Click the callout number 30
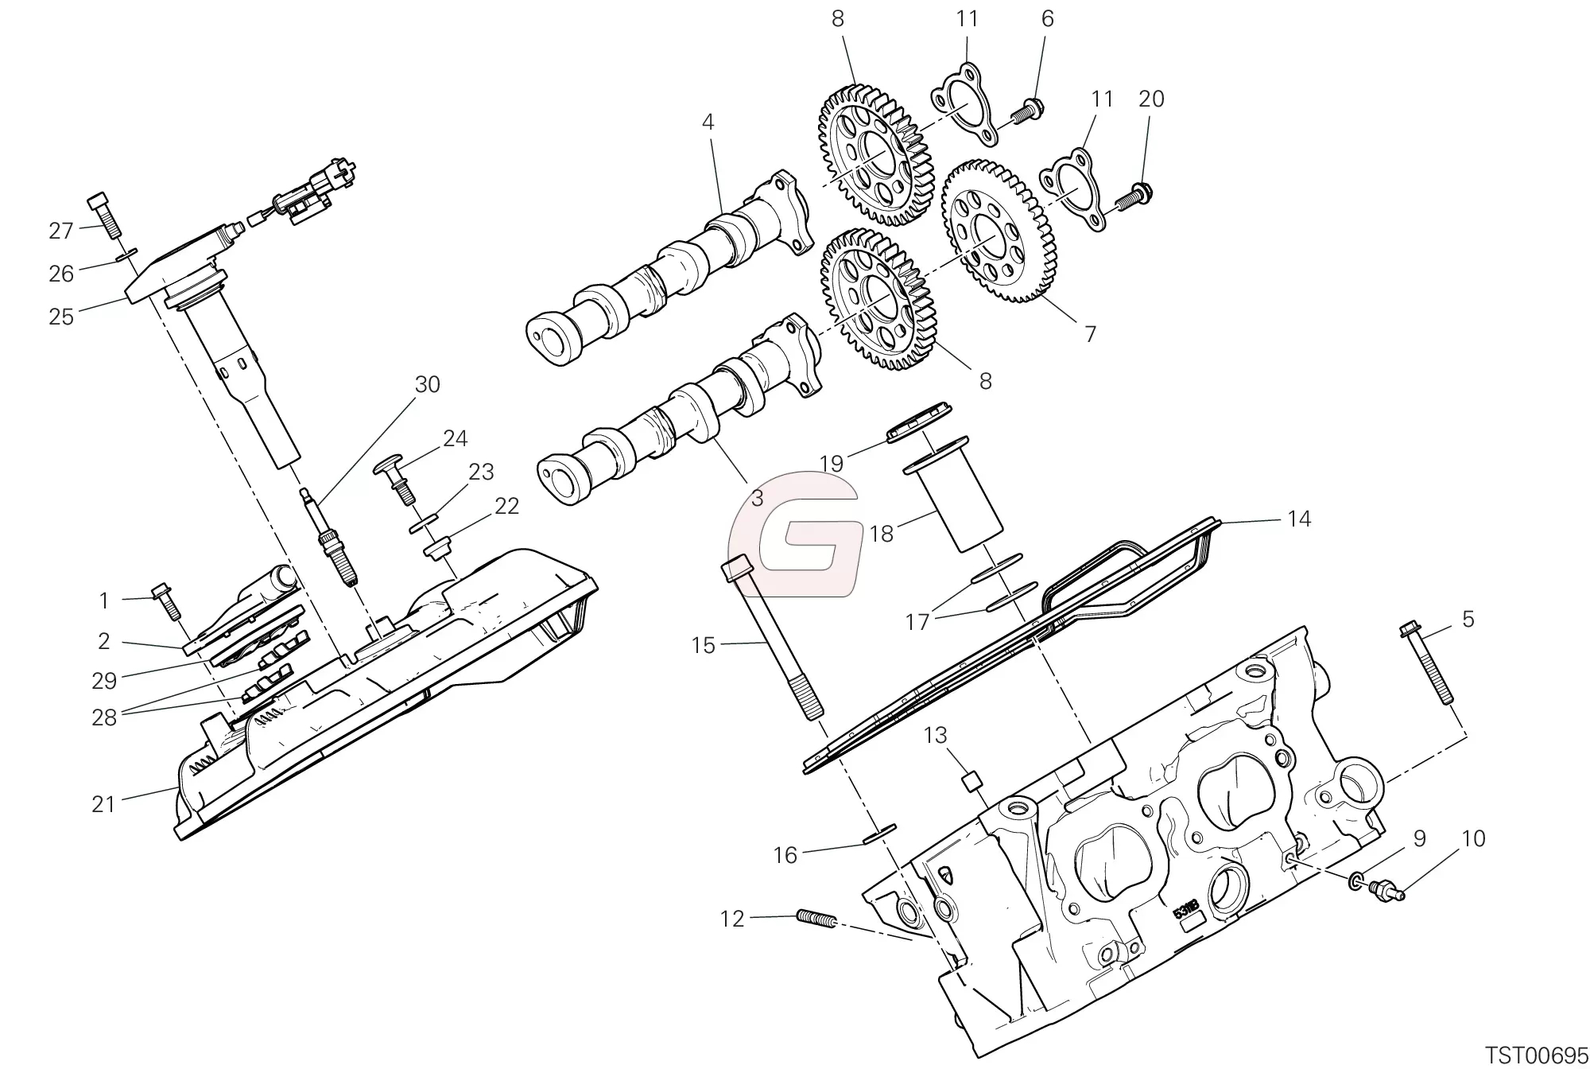[x=427, y=385]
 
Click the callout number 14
[x=1298, y=519]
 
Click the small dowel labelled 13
[x=969, y=783]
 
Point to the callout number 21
[x=103, y=804]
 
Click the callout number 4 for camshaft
[x=708, y=122]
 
